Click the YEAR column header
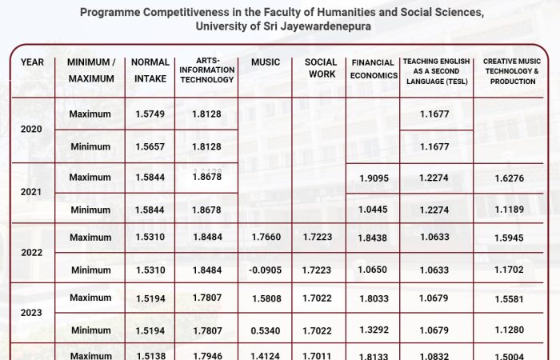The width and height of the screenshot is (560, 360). tap(32, 62)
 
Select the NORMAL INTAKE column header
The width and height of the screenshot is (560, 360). tap(150, 70)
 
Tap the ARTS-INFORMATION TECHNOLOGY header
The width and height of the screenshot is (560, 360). tap(206, 70)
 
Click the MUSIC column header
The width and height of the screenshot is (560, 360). tap(265, 62)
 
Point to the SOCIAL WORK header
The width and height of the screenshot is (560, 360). tap(321, 68)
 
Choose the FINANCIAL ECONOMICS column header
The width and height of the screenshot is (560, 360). tap(374, 70)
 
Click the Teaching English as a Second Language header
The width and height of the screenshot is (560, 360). tap(437, 71)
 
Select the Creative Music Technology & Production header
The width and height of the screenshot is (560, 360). tap(510, 70)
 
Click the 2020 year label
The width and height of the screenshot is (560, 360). tap(32, 130)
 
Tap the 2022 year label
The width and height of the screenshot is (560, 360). tap(32, 253)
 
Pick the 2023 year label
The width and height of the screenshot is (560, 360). tap(32, 313)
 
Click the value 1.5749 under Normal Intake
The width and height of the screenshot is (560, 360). tap(150, 114)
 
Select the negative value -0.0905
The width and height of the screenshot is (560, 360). tap(264, 270)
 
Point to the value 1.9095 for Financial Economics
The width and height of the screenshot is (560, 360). tap(374, 178)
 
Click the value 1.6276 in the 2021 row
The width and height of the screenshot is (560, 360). tap(510, 178)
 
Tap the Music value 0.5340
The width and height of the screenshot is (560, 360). tap(265, 330)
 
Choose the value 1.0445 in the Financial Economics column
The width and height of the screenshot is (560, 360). tap(374, 210)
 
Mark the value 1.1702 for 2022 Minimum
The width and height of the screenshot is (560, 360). tap(510, 270)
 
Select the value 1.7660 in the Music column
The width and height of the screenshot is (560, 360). tap(265, 238)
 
